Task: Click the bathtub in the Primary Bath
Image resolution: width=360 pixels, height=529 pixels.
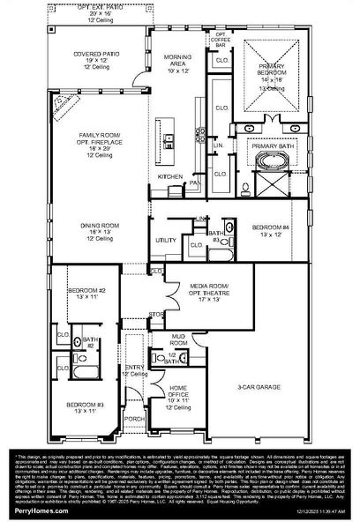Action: coord(265,160)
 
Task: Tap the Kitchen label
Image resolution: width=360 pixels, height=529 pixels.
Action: coord(169,176)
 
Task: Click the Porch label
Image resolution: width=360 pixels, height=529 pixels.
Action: coord(134,419)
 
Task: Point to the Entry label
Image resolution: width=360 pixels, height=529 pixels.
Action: coord(134,368)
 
